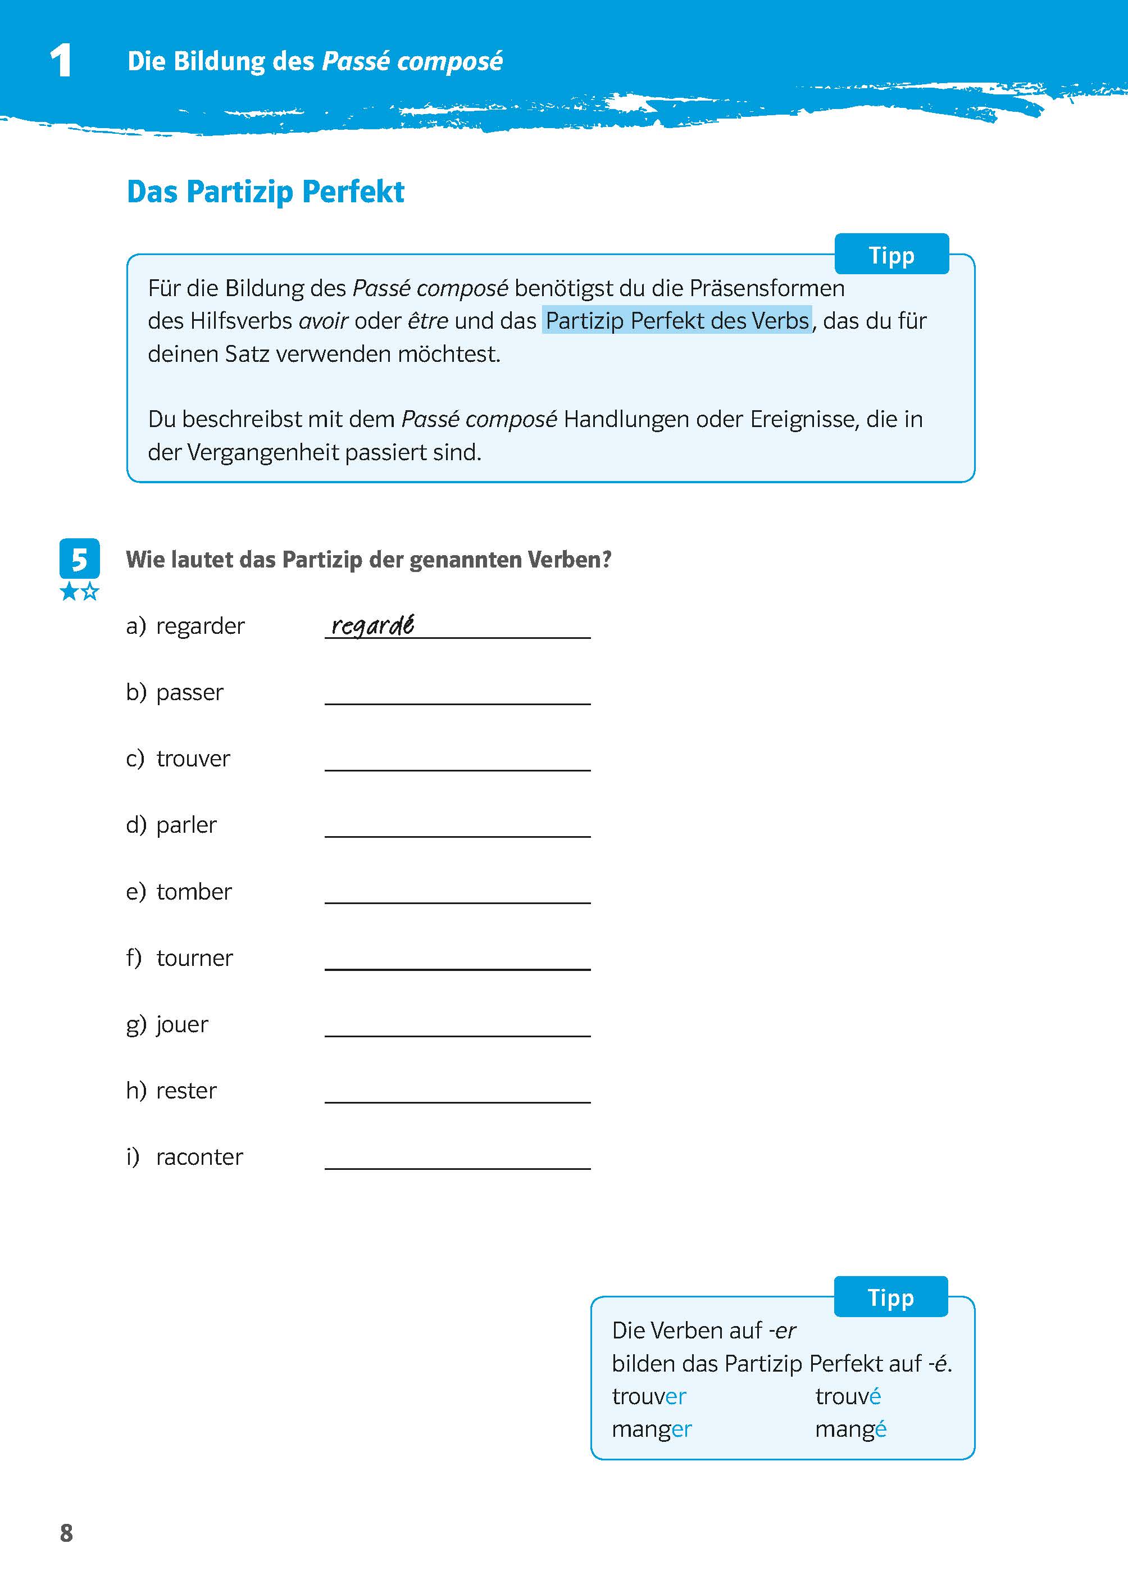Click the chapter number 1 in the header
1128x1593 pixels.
61,61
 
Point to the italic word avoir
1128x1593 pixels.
323,321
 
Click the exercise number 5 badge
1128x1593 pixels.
79,559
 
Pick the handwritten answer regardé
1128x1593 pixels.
372,625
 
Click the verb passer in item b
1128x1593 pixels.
190,693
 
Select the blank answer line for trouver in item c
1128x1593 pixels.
457,761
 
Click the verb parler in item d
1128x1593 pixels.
186,825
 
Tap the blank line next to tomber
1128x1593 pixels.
457,894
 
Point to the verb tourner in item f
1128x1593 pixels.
194,958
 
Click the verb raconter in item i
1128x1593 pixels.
199,1158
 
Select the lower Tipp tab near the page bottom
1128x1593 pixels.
890,1297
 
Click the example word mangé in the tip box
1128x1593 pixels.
850,1429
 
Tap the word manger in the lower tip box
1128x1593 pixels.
652,1429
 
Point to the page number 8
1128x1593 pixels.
67,1532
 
